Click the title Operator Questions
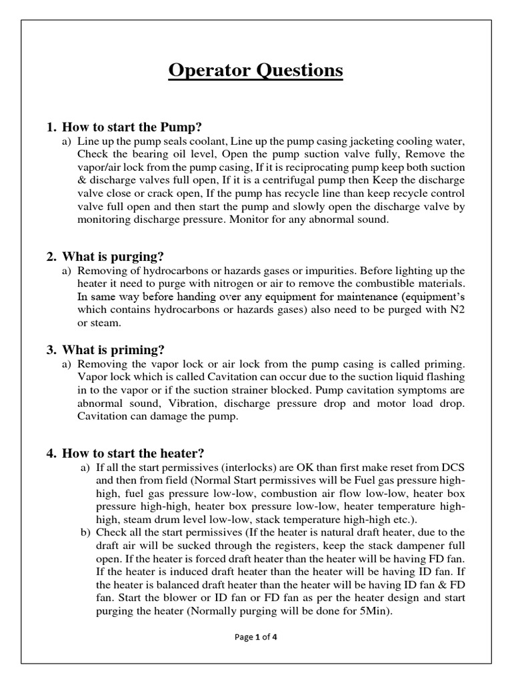click(x=256, y=71)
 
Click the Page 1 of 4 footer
click(x=256, y=637)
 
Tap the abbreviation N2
click(x=458, y=310)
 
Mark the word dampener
click(x=415, y=545)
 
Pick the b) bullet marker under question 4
click(x=85, y=532)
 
